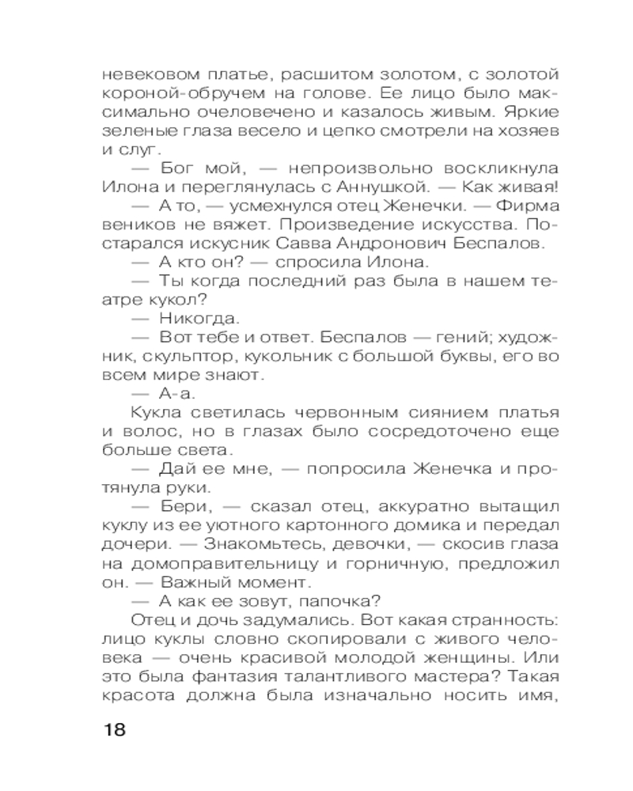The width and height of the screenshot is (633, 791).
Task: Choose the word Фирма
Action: coord(534,206)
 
